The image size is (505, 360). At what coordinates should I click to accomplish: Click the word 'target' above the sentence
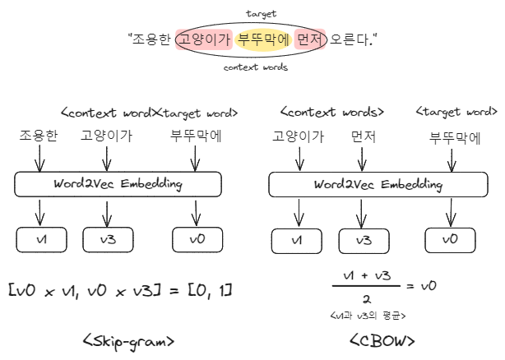click(261, 14)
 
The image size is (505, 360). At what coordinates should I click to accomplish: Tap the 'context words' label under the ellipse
click(256, 67)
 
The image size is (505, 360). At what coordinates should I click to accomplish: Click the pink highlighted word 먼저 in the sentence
click(311, 39)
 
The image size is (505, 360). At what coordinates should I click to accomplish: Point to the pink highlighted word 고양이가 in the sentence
click(204, 39)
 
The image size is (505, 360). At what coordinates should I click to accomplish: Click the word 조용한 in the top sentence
click(152, 39)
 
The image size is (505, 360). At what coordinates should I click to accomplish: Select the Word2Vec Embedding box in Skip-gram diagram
click(118, 184)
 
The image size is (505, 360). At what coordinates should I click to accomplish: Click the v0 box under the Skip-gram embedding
click(196, 239)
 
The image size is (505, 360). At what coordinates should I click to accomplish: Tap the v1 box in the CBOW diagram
click(297, 239)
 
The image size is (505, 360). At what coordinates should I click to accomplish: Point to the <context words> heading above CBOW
click(331, 112)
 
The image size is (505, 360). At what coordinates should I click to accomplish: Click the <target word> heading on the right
click(457, 112)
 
